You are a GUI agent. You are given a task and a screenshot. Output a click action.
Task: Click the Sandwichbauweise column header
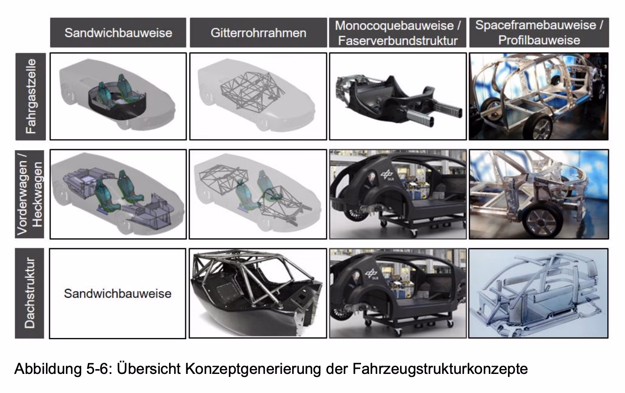pyautogui.click(x=118, y=33)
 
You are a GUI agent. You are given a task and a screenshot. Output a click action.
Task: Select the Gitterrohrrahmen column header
pyautogui.click(x=258, y=33)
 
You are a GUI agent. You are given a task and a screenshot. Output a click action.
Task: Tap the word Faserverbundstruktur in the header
pyautogui.click(x=398, y=41)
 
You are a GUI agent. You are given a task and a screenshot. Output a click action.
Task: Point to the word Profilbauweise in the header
pyautogui.click(x=539, y=40)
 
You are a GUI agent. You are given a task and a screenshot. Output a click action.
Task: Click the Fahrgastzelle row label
pyautogui.click(x=31, y=96)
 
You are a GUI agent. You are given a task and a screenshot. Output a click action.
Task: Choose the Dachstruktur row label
pyautogui.click(x=30, y=293)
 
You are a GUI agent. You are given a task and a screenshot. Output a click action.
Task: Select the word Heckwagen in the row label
pyautogui.click(x=37, y=194)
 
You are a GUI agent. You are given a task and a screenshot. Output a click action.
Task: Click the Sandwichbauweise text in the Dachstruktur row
pyautogui.click(x=118, y=294)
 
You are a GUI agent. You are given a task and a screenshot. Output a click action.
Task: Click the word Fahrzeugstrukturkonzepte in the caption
pyautogui.click(x=440, y=369)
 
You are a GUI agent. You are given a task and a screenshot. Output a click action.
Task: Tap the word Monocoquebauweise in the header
pyautogui.click(x=394, y=26)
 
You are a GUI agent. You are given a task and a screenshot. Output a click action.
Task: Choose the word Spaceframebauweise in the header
pyautogui.click(x=536, y=25)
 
